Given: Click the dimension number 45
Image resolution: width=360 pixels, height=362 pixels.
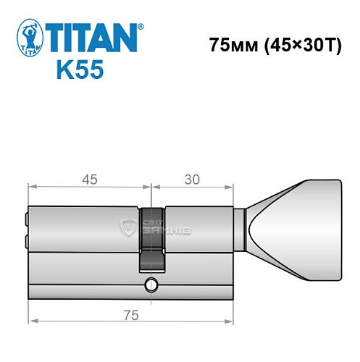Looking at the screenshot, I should pos(89,177).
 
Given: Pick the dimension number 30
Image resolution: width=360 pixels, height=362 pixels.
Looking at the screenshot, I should pos(193,177).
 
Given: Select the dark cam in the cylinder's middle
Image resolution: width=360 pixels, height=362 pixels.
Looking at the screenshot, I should pos(151,239).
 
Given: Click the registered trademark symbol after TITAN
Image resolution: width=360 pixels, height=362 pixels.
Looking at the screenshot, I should pos(141,27).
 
